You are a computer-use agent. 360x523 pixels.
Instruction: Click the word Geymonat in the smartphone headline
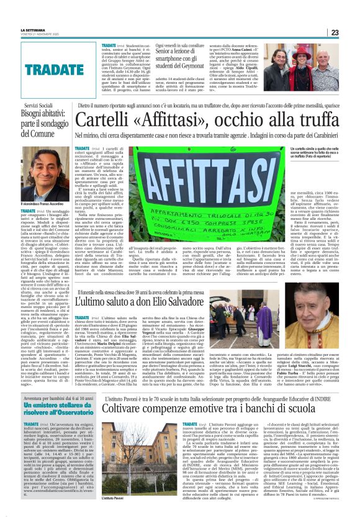tap(196, 63)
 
